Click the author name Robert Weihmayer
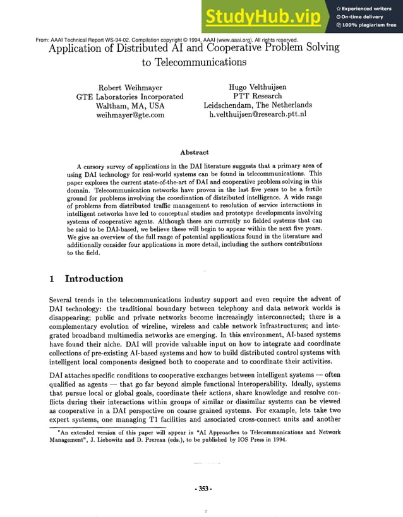pos(130,88)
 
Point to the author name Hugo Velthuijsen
pos(257,87)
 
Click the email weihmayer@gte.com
pos(129,115)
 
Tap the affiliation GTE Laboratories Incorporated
pos(129,97)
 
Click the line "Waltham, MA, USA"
pos(129,106)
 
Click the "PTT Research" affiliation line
pos(257,96)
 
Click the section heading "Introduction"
pos(94,278)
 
